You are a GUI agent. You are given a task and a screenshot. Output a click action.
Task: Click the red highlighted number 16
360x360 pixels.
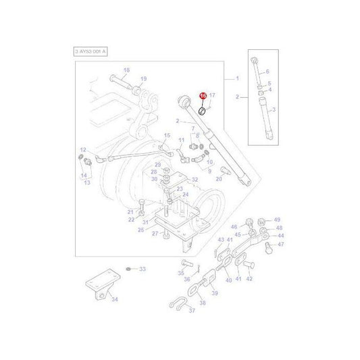tap(203, 97)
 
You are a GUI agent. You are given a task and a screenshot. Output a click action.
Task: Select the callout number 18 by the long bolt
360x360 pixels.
tap(126, 71)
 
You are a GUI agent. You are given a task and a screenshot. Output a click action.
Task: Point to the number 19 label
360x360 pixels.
tap(143, 79)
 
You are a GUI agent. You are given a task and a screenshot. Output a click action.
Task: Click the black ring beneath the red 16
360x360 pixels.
tap(202, 110)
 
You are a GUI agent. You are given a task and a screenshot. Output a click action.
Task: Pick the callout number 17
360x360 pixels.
tap(212, 96)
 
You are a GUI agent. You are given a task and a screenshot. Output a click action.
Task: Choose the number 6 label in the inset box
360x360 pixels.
tap(267, 72)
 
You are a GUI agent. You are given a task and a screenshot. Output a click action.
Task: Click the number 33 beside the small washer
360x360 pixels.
tap(143, 269)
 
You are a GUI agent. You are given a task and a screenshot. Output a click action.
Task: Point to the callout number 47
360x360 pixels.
tap(282, 246)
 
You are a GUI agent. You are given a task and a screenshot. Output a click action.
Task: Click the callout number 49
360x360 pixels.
tap(277, 220)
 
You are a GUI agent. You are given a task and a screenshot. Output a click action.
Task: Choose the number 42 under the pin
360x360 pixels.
tap(249, 279)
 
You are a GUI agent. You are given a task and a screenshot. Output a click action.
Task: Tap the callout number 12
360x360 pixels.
tap(82, 150)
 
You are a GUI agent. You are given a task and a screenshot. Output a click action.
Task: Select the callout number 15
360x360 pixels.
tap(168, 136)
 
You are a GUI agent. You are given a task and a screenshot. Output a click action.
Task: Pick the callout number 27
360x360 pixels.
tap(155, 234)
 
